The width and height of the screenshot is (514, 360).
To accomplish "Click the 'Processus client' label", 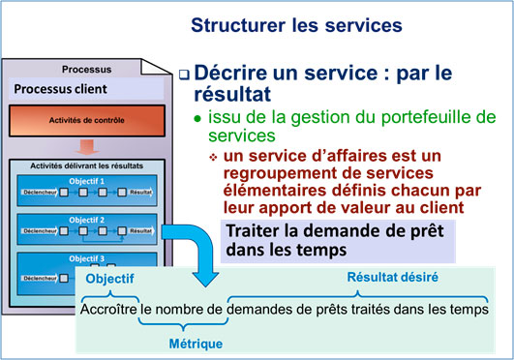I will pyautogui.click(x=59, y=89).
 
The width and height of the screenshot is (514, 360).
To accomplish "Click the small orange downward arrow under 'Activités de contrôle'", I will pyautogui.click(x=86, y=148).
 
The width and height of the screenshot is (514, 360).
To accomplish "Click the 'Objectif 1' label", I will pyautogui.click(x=87, y=181).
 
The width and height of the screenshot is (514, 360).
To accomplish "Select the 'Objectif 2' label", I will pyautogui.click(x=87, y=220).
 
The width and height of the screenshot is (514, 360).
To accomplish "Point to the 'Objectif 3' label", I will pyautogui.click(x=87, y=258).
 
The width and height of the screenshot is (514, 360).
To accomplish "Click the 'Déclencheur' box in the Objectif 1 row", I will pyautogui.click(x=40, y=194).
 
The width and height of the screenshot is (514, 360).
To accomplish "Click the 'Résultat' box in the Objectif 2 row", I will pyautogui.click(x=140, y=232).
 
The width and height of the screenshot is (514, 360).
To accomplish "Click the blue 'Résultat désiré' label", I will pyautogui.click(x=392, y=277).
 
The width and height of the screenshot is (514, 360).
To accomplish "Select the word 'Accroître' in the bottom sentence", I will pyautogui.click(x=108, y=312).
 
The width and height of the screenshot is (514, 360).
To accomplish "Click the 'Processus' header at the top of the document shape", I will pyautogui.click(x=85, y=69).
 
